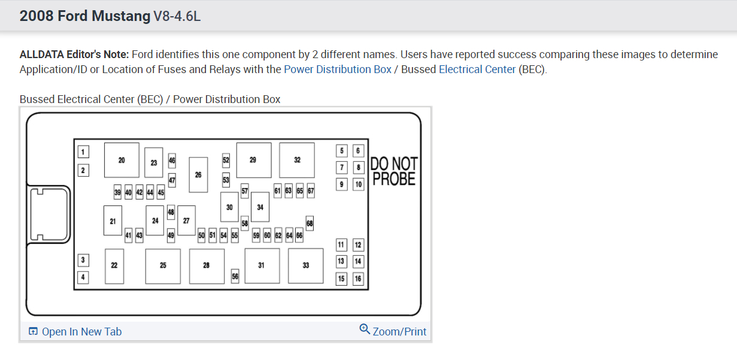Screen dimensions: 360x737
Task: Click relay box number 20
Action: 122,160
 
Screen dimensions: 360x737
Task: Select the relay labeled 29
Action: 253,160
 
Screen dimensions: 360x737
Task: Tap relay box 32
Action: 297,160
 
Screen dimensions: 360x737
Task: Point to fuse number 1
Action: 83,152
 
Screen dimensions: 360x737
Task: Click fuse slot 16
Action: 358,279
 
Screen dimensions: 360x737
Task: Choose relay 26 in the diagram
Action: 198,174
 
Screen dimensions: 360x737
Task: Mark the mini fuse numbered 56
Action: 235,276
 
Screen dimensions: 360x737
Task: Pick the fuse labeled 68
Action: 310,223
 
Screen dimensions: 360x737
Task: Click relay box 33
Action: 305,265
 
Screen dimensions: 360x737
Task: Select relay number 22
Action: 114,265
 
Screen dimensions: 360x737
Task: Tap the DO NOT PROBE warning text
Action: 394,171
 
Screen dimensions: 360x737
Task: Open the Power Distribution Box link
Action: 338,69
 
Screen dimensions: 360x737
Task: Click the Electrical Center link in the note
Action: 477,69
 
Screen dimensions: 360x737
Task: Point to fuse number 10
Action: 358,184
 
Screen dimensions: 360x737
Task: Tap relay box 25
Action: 163,265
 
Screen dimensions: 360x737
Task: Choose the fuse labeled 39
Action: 117,192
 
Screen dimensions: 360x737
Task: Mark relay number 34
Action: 260,207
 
